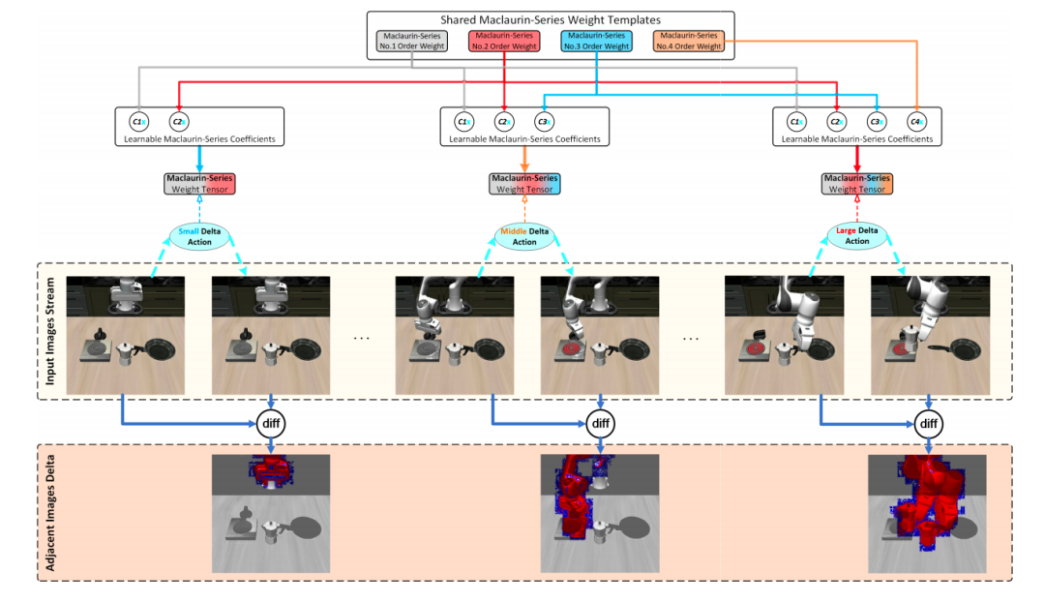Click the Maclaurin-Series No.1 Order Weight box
point(411,41)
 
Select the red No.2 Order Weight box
point(504,41)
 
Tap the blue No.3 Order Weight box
point(596,41)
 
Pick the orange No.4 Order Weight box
point(689,41)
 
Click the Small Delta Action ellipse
point(200,236)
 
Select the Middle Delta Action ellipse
point(524,236)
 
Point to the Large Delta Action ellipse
point(857,235)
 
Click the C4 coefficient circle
point(915,122)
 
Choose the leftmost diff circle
point(271,423)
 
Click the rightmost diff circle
point(928,423)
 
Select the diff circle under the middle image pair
point(600,423)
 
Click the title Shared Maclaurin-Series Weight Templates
point(552,19)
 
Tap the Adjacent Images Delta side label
point(46,513)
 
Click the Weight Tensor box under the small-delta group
point(200,184)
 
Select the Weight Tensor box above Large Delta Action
point(857,184)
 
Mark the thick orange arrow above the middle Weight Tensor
point(524,158)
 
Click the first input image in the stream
point(125,335)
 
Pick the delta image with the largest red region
point(927,512)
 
